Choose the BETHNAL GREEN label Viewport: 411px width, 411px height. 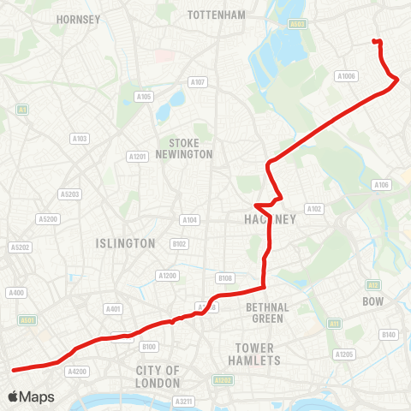tap(267, 313)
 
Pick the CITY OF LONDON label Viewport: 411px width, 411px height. tap(158, 376)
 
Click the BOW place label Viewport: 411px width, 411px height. tap(372, 302)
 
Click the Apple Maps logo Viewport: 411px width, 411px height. tap(31, 396)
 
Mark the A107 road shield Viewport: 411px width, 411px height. tap(198, 82)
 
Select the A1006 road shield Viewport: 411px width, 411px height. tap(346, 76)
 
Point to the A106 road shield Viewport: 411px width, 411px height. tap(381, 185)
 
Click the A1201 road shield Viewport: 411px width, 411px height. tap(137, 156)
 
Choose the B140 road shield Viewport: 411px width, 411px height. tap(390, 334)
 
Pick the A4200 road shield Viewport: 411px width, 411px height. tap(77, 372)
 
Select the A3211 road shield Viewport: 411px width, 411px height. tap(183, 401)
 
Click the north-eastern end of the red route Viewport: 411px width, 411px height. tap(374, 41)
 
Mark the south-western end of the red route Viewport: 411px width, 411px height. tap(13, 370)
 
